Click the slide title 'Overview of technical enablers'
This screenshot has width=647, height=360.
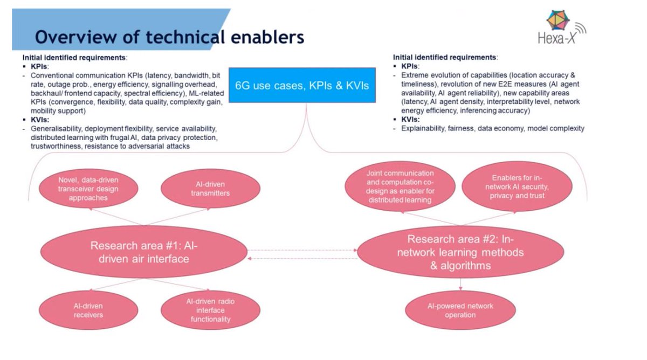pos(169,37)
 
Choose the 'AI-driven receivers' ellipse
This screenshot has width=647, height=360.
pos(88,310)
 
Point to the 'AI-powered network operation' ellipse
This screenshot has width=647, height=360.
pos(460,310)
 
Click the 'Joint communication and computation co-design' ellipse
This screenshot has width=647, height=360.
pos(400,187)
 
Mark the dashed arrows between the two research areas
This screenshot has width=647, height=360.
pos(303,254)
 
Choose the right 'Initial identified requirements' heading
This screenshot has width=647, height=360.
pos(445,57)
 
